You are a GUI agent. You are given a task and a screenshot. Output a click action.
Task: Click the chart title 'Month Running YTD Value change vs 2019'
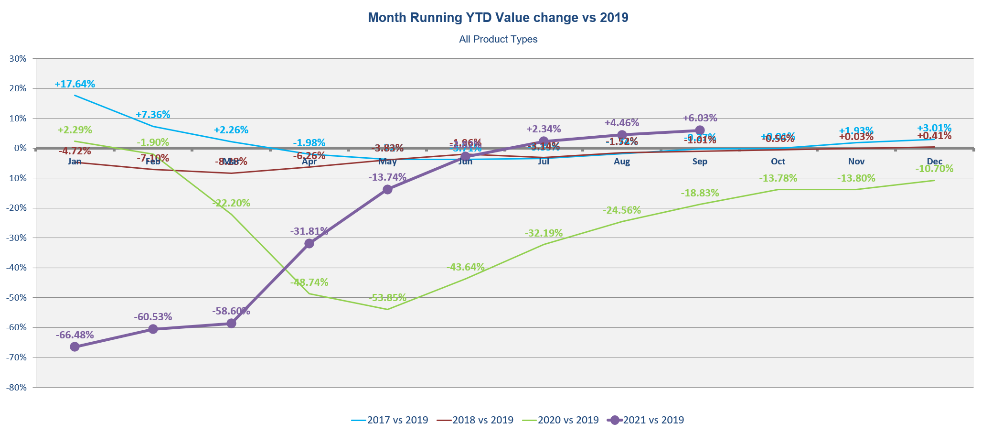[x=498, y=18]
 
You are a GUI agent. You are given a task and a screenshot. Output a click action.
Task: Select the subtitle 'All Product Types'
[x=498, y=39]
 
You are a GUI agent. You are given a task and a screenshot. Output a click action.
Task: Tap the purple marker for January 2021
[x=75, y=347]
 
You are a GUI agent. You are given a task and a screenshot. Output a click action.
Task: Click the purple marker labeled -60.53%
[x=153, y=329]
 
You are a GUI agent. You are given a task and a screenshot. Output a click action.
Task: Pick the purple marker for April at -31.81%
[x=309, y=243]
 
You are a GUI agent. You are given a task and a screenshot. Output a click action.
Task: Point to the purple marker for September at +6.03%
[x=700, y=130]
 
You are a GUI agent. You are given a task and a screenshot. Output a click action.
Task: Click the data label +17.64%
[x=75, y=84]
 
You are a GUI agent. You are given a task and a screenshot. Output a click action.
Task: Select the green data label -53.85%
[x=387, y=298]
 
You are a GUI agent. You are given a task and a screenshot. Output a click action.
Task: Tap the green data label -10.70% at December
[x=934, y=169]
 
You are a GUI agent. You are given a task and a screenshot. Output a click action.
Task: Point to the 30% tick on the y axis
[x=18, y=59]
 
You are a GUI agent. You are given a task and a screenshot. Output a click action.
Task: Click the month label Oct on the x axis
[x=778, y=162]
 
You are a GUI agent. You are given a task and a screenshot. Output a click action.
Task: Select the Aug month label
[x=622, y=162]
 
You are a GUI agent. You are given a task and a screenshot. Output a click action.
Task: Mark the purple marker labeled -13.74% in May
[x=387, y=189]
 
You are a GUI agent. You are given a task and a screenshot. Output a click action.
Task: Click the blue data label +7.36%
[x=153, y=115]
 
